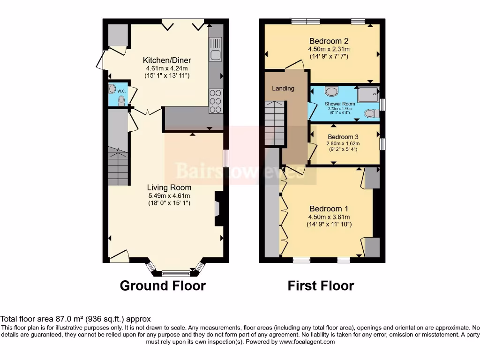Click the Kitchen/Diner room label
click(167, 60)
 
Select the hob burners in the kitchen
click(215, 100)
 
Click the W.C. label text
click(120, 91)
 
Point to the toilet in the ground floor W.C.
click(122, 99)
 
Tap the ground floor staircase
click(118, 167)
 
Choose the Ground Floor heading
click(163, 285)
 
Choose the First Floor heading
click(321, 285)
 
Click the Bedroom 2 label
click(329, 41)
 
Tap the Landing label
click(283, 88)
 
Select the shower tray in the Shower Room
click(367, 95)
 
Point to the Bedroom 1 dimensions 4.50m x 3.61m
click(329, 217)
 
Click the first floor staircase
click(274, 125)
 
